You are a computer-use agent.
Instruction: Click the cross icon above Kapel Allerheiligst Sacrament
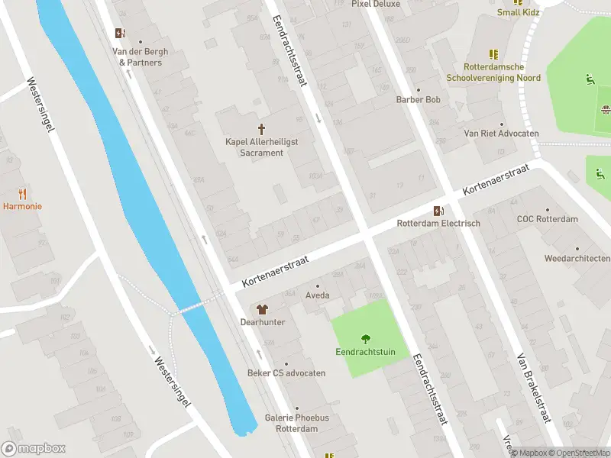pos(261,128)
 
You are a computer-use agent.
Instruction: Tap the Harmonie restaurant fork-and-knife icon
pos(22,194)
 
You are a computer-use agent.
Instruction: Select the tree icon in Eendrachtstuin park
pos(365,339)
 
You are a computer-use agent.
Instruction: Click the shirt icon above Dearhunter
pos(263,309)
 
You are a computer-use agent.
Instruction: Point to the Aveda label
pos(317,295)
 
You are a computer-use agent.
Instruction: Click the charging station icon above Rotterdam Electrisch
pos(438,211)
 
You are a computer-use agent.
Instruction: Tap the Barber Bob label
pos(419,100)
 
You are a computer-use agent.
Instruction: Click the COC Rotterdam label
pos(547,219)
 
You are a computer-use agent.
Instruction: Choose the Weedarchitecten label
pos(577,258)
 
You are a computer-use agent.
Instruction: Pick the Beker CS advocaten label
pos(286,373)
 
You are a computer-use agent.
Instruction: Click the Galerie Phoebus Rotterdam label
pos(296,423)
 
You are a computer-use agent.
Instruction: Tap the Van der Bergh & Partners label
pos(141,56)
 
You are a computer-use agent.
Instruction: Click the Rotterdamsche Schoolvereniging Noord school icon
pos(494,53)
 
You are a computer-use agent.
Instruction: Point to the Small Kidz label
pos(519,12)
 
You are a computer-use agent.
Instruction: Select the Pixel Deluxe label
pos(376,4)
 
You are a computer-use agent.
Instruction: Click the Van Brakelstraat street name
pos(533,388)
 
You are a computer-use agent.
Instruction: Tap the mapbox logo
pos(34,449)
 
